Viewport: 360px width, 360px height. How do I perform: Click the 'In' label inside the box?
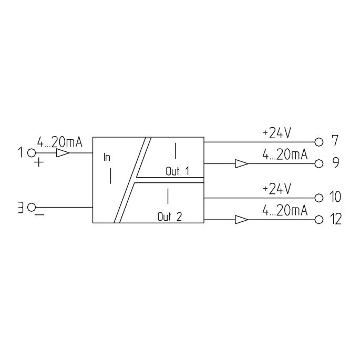click(107, 157)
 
